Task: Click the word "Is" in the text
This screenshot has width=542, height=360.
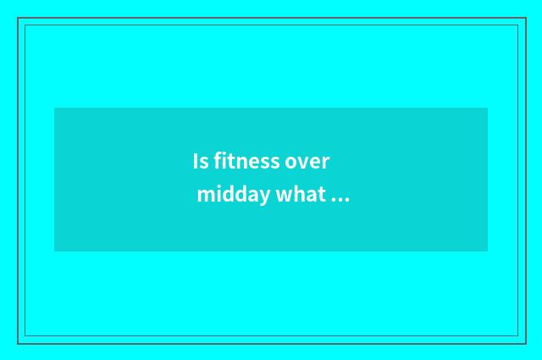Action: [x=200, y=161]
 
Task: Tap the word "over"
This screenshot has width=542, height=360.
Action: [x=307, y=161]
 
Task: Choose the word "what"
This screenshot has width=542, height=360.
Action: [x=301, y=195]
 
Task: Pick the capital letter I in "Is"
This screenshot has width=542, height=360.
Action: [x=196, y=161]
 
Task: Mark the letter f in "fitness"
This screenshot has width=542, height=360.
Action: [x=218, y=160]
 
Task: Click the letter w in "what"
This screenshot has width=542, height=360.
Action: [x=284, y=196]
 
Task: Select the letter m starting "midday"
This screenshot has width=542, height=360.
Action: [x=204, y=196]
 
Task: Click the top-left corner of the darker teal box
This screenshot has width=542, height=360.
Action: [x=54, y=108]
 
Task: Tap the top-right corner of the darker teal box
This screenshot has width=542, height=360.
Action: [x=488, y=108]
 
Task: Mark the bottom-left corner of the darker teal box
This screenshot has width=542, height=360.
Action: [x=54, y=252]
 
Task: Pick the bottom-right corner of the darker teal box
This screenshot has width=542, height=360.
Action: [x=488, y=252]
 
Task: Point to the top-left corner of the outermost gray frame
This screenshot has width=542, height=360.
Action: [x=18, y=18]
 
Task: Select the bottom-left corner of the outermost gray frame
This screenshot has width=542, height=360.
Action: [x=18, y=343]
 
